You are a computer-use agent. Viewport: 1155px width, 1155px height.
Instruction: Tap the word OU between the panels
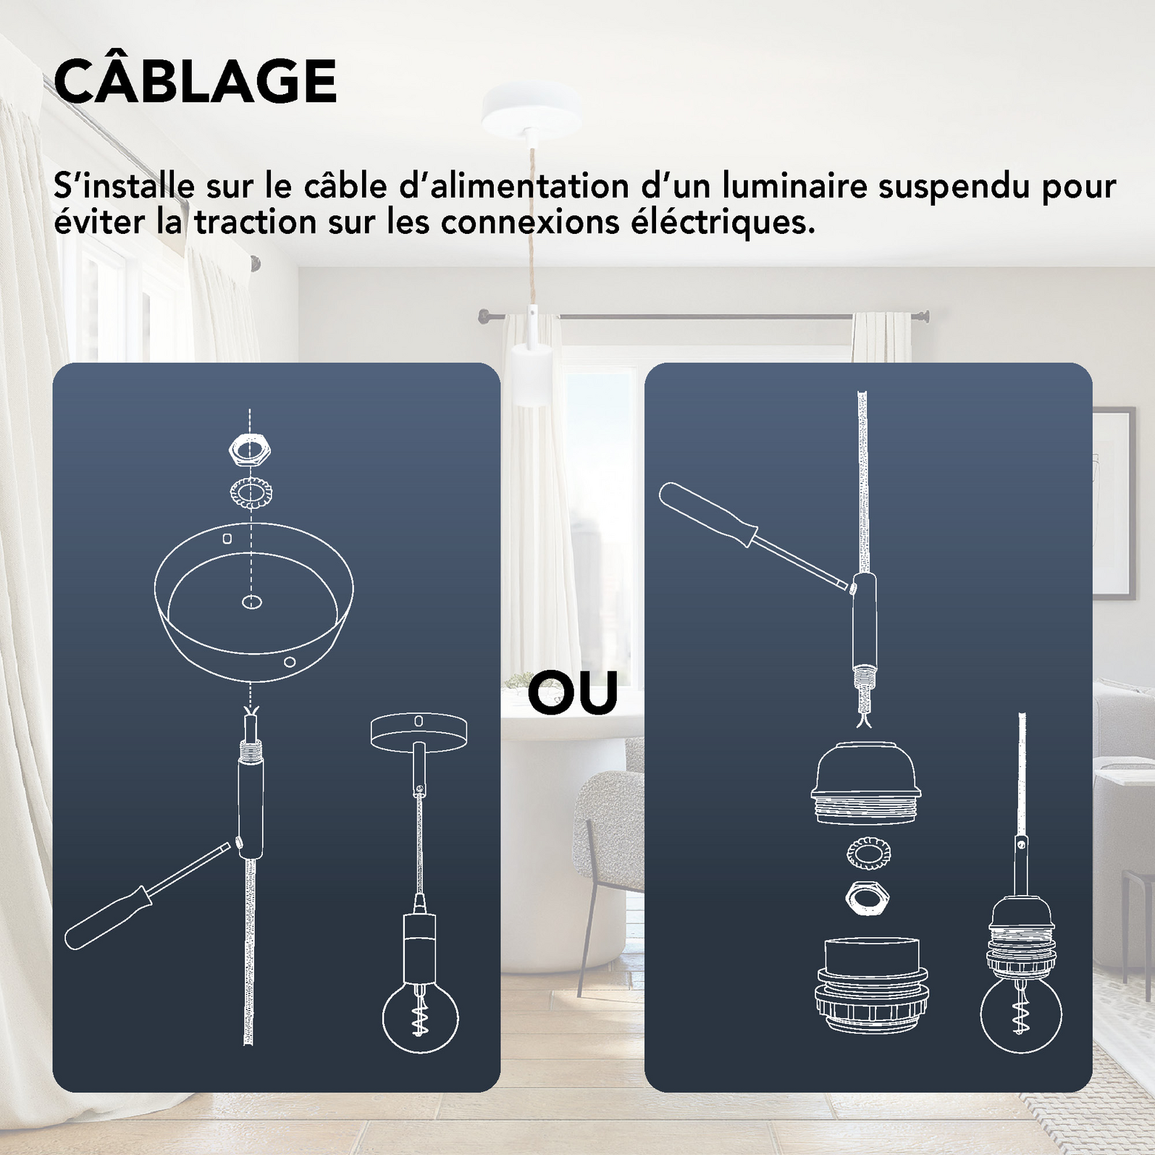(572, 693)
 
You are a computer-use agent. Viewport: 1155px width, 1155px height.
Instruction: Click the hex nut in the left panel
(250, 451)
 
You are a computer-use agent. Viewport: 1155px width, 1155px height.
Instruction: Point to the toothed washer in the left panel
(250, 494)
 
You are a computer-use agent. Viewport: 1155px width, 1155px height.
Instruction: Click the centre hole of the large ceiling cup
(251, 602)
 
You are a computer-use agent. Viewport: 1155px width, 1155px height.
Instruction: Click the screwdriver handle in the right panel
(702, 513)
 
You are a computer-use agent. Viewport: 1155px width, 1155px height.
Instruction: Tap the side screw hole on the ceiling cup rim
(289, 661)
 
